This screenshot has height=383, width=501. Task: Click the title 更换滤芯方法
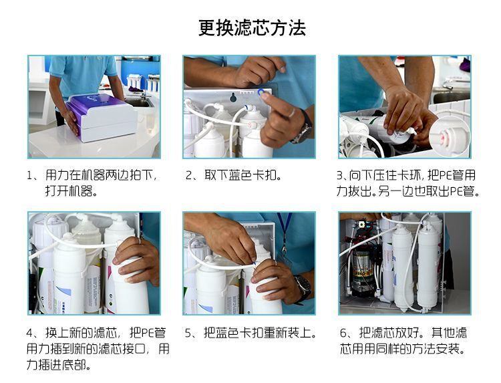pos(252,28)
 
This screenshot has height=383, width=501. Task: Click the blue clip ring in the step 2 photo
pos(261,93)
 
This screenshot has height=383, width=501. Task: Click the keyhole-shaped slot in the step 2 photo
pos(233,97)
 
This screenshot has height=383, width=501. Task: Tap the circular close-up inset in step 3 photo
pos(450,136)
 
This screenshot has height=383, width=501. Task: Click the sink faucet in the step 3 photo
pos(448,84)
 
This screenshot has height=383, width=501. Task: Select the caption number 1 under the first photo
pos(29,176)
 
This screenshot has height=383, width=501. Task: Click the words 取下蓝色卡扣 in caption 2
pos(241,175)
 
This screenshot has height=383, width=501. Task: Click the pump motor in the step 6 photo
pos(362,269)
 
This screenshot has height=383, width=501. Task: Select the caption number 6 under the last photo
pos(343,333)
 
